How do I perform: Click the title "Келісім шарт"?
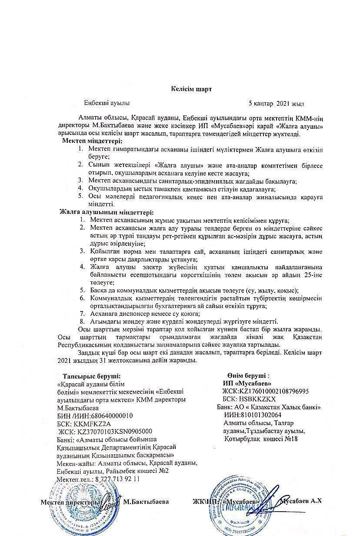[x=191, y=89]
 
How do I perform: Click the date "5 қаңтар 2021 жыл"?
[x=276, y=104]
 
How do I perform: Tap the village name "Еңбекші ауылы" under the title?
[x=107, y=104]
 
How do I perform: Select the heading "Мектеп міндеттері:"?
[x=92, y=141]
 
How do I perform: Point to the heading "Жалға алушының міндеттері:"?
[x=106, y=212]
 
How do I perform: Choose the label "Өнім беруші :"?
[x=247, y=375]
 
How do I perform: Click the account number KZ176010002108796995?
[x=274, y=391]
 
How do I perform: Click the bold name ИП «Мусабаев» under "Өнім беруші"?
[x=247, y=383]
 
